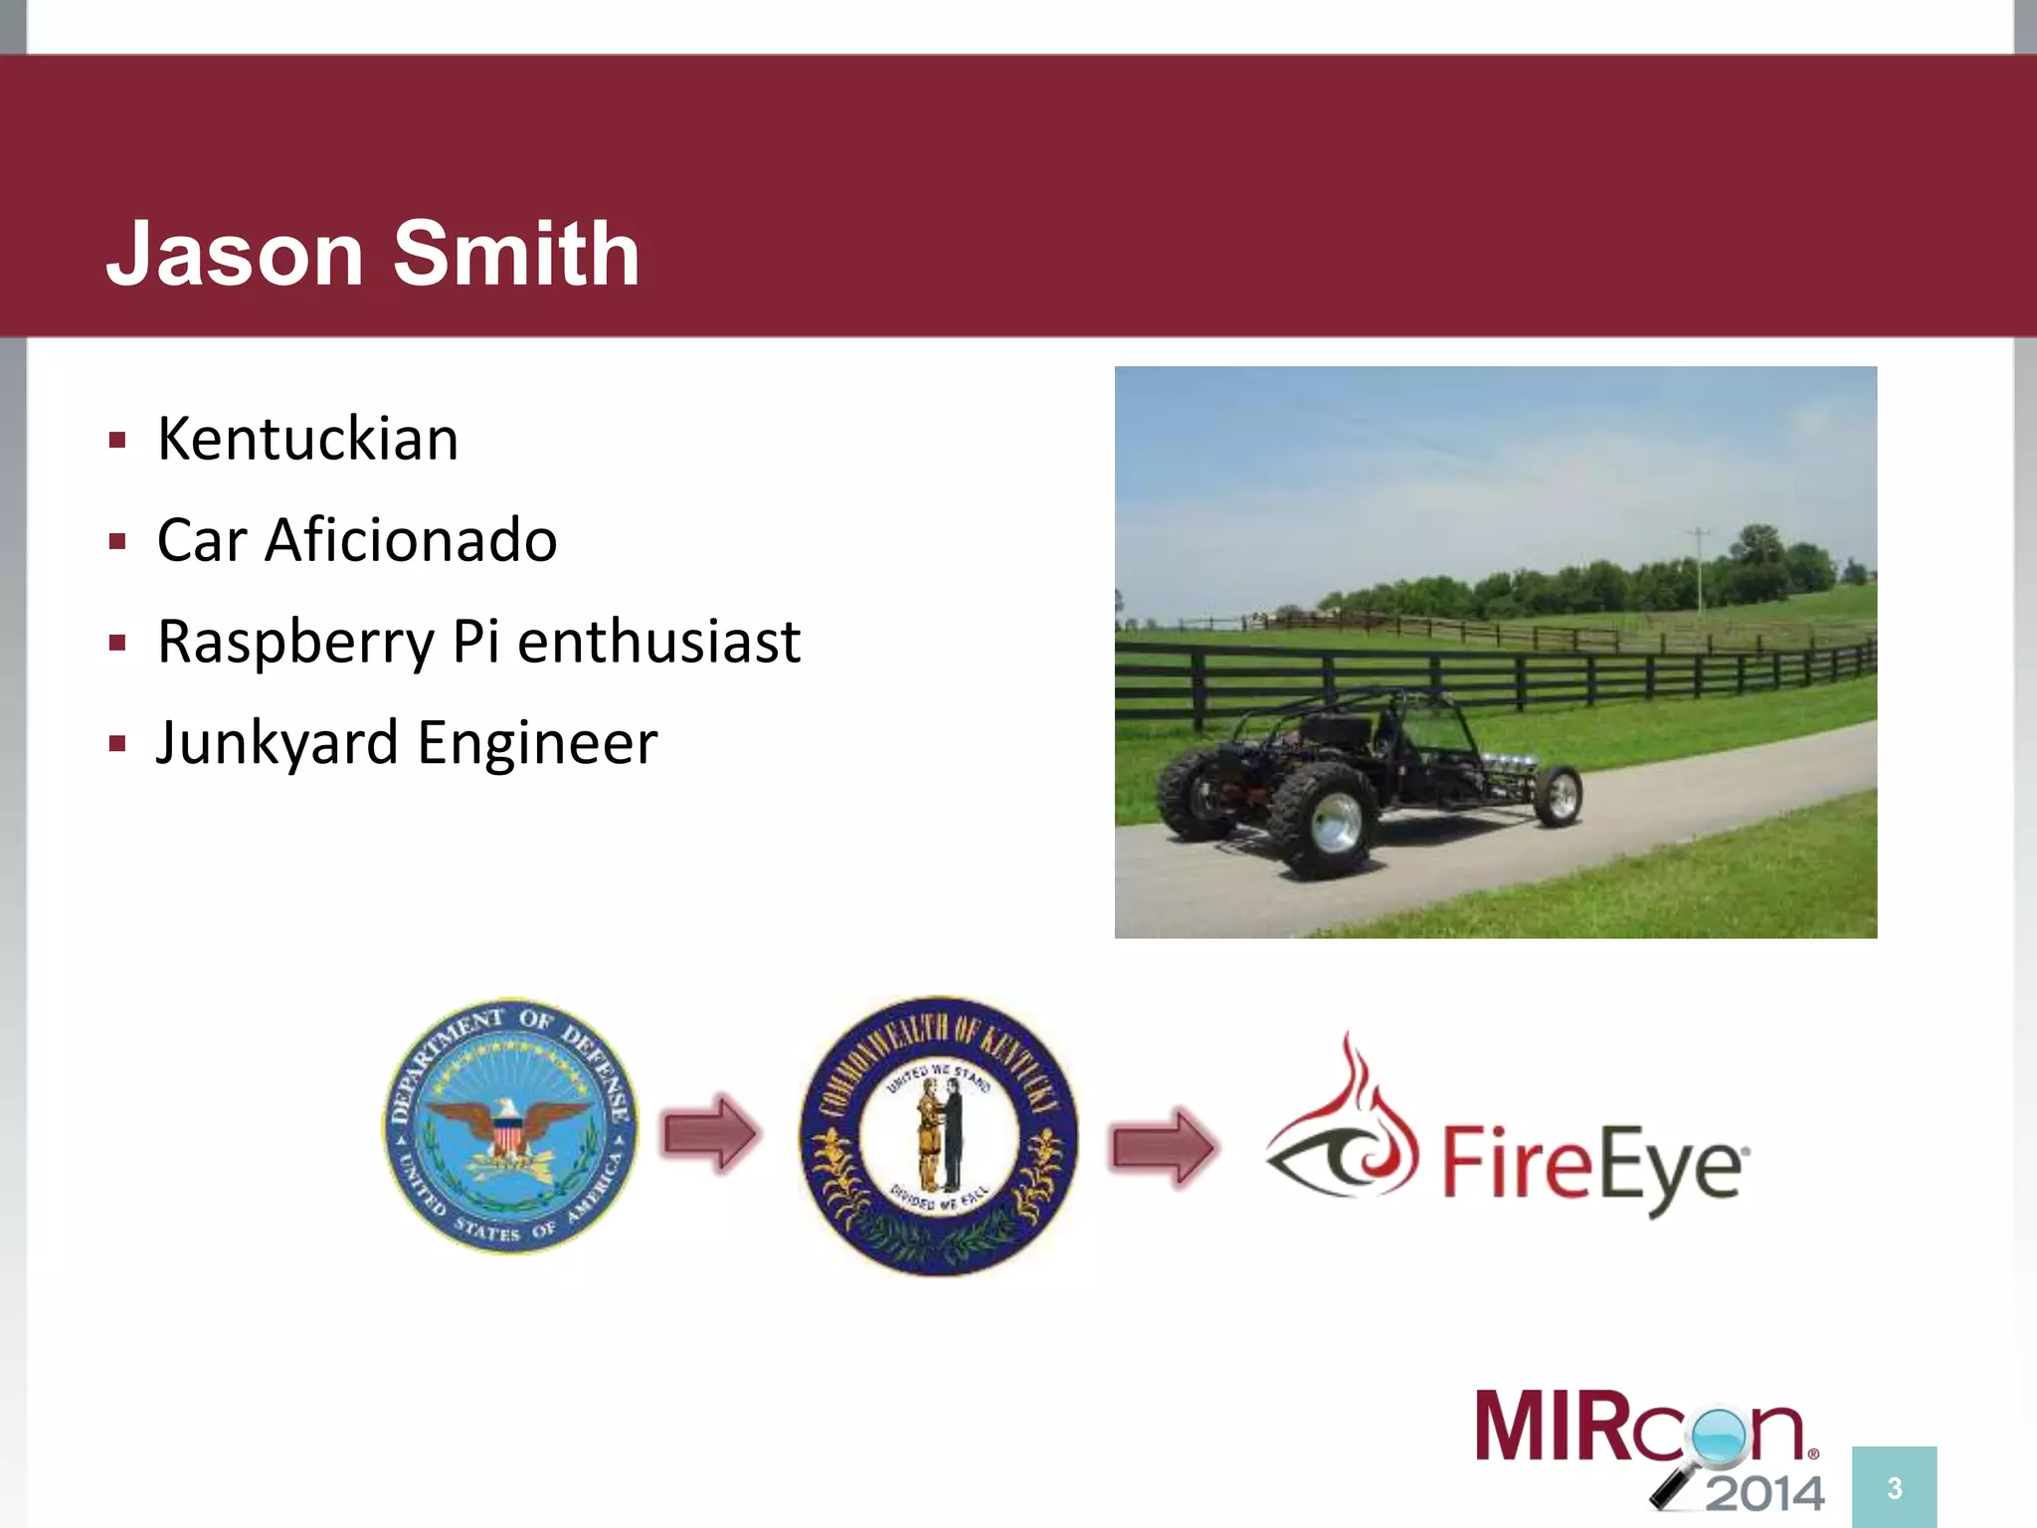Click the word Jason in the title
235,254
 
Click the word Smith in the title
516,254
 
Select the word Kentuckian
307,439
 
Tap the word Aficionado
410,540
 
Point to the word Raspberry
295,643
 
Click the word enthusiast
658,642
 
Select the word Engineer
537,744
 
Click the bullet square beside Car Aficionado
118,542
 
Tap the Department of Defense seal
510,1125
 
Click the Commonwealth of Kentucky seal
938,1135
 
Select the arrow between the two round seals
710,1132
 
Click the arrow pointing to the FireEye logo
1162,1147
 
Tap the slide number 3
1894,1488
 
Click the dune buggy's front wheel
1558,795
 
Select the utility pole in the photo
1700,567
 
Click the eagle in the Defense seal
509,1124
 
